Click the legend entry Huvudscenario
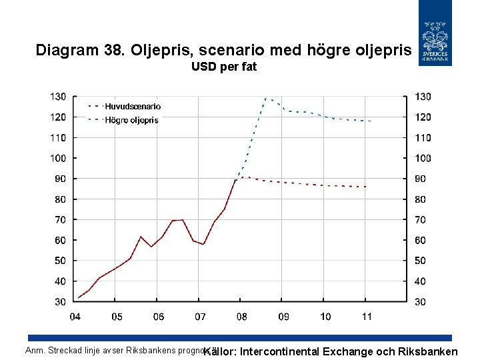133,107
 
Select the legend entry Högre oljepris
131,121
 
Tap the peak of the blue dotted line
266,97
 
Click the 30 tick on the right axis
423,302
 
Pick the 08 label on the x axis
241,315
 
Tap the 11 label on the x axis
366,315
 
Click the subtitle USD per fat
223,67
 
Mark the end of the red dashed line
366,187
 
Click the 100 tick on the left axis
58,158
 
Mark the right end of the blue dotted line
371,121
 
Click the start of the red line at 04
78,298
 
